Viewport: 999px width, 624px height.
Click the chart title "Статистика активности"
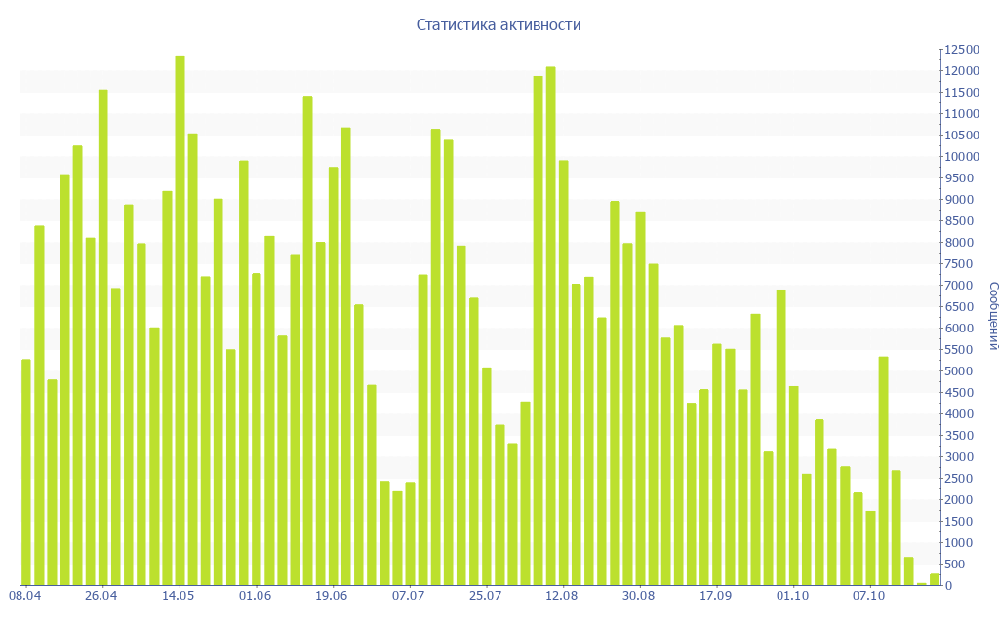[499, 25]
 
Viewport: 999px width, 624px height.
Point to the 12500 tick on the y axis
[960, 50]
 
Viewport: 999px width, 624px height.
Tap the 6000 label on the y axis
[958, 329]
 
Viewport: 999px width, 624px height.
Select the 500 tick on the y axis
[954, 565]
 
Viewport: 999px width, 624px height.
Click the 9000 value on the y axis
[958, 200]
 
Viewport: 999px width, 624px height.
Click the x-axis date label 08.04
[24, 595]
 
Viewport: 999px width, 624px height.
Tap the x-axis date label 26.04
[101, 595]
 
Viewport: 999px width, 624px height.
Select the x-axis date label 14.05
[179, 595]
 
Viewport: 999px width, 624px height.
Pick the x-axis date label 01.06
[255, 595]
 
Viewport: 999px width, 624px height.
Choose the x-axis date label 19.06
[332, 595]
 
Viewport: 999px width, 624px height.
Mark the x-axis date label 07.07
[409, 595]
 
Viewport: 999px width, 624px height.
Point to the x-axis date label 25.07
[485, 595]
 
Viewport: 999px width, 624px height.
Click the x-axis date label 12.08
[562, 595]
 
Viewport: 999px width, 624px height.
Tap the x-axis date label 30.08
[639, 595]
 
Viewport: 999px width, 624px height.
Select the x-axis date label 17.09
[715, 595]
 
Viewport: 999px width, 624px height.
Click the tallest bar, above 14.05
[180, 322]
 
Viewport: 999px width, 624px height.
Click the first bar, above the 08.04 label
[26, 473]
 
